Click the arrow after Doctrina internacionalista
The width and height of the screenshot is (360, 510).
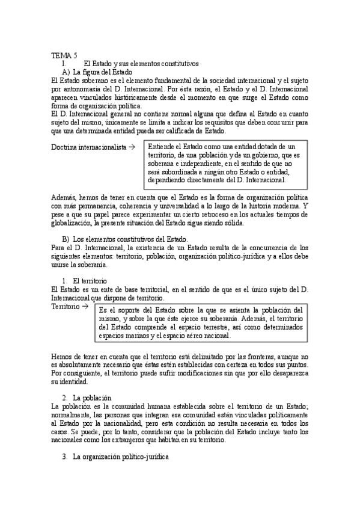pyautogui.click(x=132, y=147)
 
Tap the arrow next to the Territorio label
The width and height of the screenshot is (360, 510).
pyautogui.click(x=85, y=306)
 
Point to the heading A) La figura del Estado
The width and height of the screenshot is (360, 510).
pyautogui.click(x=102, y=72)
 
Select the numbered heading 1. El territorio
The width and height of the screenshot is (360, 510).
pyautogui.click(x=85, y=281)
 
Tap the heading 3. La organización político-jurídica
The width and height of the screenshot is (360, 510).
pyautogui.click(x=117, y=457)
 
